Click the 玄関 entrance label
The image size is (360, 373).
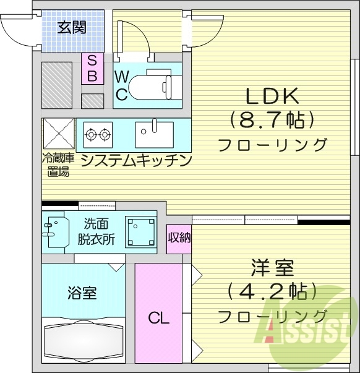click(x=72, y=27)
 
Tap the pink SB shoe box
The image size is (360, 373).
click(x=92, y=68)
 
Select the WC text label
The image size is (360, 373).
click(x=122, y=85)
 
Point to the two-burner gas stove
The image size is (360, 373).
click(x=98, y=133)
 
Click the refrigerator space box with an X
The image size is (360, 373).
click(x=58, y=133)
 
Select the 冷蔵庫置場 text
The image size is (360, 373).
click(x=58, y=165)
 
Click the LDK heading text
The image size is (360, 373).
click(x=272, y=96)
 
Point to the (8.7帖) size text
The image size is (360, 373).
click(x=272, y=119)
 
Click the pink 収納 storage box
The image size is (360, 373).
click(x=179, y=238)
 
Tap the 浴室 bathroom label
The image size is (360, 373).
click(x=82, y=293)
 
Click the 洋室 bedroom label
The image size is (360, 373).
click(x=272, y=269)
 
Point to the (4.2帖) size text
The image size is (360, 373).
click(x=272, y=291)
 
